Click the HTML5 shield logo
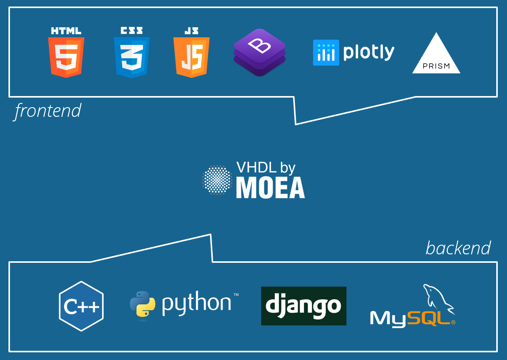pos(66,57)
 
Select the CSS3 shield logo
pos(132,57)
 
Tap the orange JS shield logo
pos(191,57)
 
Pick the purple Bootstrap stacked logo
pos(260,52)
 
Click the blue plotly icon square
pos(326,53)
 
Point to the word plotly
pos(369,52)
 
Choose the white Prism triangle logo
pos(436,56)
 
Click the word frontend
pos(48,111)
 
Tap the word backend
pos(458,248)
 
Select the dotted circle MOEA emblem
pos(217,180)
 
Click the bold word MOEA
pos(270,188)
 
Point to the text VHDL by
pos(266,168)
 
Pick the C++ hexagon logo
pos(81,306)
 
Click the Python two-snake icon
pos(142,304)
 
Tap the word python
pos(197,303)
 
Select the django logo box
pos(304,306)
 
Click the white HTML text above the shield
pos(66,31)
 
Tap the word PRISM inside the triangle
pos(436,66)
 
